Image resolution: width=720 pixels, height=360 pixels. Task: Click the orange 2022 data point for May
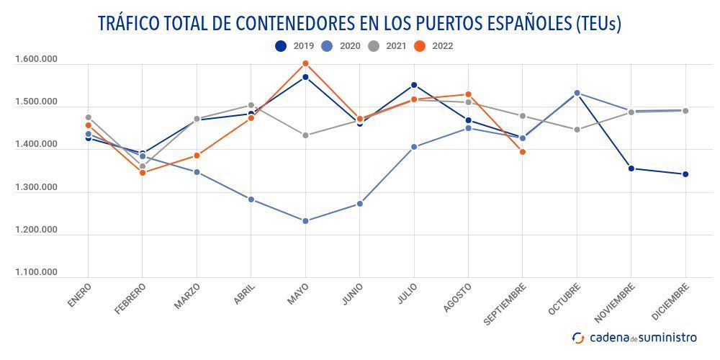pyautogui.click(x=305, y=63)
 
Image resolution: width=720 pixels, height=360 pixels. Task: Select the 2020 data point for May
pyautogui.click(x=305, y=221)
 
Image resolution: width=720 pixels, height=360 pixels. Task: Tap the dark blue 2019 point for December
pyautogui.click(x=685, y=174)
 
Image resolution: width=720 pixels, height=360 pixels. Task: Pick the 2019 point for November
pyautogui.click(x=631, y=168)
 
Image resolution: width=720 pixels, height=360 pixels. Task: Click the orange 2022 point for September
pyautogui.click(x=523, y=152)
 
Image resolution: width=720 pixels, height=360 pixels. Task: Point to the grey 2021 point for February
pyautogui.click(x=143, y=166)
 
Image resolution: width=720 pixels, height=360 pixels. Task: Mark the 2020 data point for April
pyautogui.click(x=251, y=199)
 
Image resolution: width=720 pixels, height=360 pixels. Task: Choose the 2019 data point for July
pyautogui.click(x=414, y=85)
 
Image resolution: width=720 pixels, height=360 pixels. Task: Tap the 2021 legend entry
pyautogui.click(x=387, y=46)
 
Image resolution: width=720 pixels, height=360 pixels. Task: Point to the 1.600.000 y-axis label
pyautogui.click(x=36, y=59)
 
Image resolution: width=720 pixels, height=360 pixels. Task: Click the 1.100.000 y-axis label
pyautogui.click(x=36, y=272)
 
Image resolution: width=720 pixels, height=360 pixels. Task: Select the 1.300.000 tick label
pyautogui.click(x=36, y=187)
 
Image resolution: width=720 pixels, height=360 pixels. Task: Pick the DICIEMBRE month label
pyautogui.click(x=671, y=302)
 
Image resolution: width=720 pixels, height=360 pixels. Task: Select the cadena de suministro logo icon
pyautogui.click(x=578, y=338)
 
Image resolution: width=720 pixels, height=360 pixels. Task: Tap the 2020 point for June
pyautogui.click(x=360, y=204)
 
